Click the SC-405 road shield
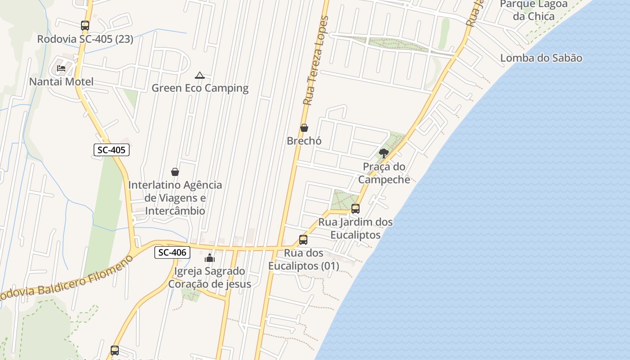coord(112,150)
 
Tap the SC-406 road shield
coord(172,252)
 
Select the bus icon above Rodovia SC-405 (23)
coord(85,26)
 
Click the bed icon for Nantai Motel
coord(61,68)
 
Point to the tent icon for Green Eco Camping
coord(200,75)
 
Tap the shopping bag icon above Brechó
coord(304,128)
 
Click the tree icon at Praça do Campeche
coord(384,153)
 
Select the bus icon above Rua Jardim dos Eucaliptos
coord(355,209)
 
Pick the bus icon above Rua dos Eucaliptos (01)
coord(303,240)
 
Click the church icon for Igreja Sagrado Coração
coord(210,258)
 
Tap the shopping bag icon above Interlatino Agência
coord(175,172)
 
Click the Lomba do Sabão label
coord(541,58)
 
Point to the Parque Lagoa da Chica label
coord(534,10)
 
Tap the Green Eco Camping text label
coord(200,88)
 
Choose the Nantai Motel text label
coord(61,82)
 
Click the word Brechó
coord(304,141)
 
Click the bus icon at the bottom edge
coord(115,350)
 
